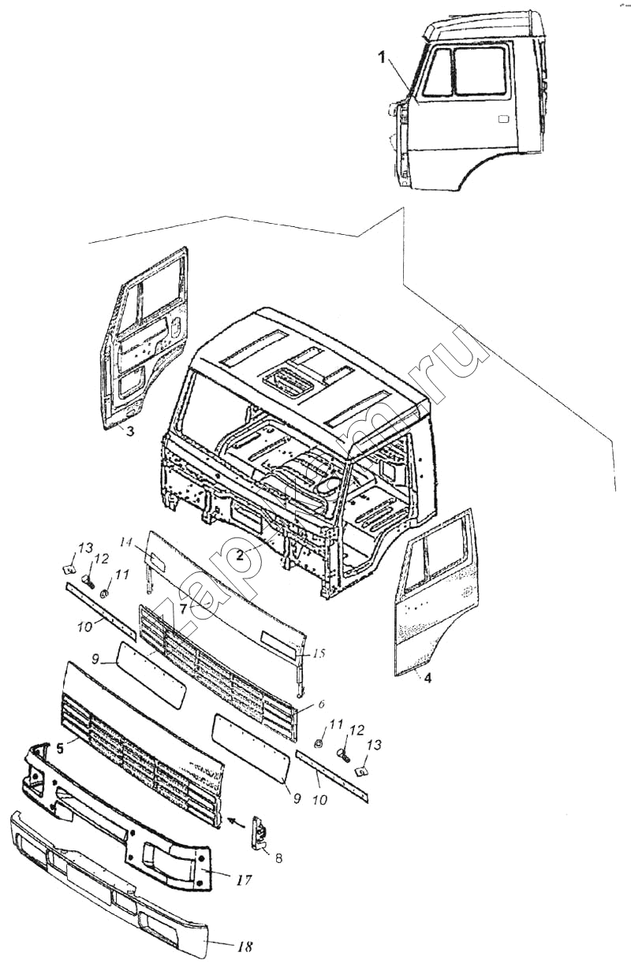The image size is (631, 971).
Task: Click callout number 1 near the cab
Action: tap(382, 58)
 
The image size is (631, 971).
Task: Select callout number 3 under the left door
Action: tap(131, 431)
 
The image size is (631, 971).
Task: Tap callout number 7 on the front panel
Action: tap(183, 608)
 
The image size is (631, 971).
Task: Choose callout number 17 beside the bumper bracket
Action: tap(245, 880)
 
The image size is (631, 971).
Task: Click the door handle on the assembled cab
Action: tap(502, 120)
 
